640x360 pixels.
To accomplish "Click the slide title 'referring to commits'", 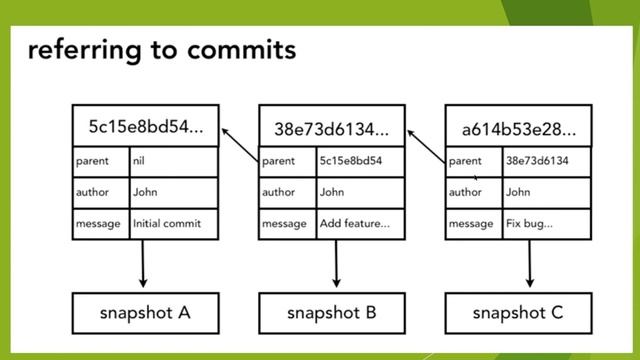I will [162, 50].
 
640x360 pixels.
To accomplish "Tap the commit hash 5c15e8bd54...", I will [144, 127].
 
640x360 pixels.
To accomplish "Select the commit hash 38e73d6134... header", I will [331, 129].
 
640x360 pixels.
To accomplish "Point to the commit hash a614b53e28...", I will [518, 129].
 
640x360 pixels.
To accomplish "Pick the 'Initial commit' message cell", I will [166, 224].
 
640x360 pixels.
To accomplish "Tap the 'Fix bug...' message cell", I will [529, 224].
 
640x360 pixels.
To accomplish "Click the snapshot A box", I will [144, 312].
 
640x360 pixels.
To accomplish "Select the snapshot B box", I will [331, 312].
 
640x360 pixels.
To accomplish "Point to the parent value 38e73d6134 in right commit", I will [538, 160].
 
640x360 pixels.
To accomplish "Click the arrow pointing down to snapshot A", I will [143, 265].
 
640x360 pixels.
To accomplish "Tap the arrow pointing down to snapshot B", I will [336, 265].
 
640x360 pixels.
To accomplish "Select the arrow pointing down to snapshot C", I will [529, 265].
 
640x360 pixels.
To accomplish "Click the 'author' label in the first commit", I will [93, 192].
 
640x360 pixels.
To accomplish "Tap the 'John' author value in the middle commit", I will [332, 192].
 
